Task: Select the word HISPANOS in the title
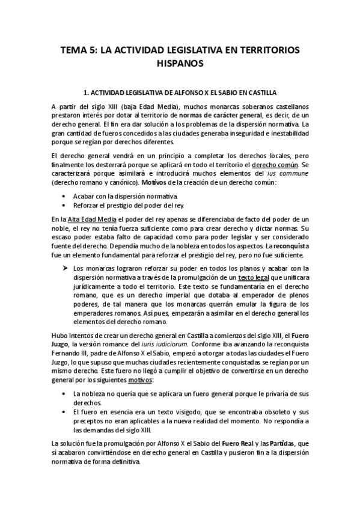coord(180,63)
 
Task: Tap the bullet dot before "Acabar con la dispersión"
coord(64,197)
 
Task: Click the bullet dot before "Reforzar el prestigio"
coord(64,206)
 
